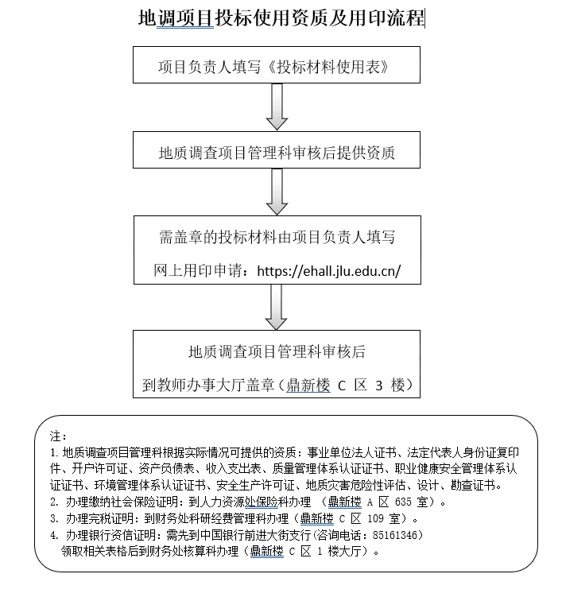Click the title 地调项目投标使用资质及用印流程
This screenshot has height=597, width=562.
281,18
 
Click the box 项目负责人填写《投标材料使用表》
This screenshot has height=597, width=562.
277,64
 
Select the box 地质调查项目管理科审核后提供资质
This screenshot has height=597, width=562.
277,149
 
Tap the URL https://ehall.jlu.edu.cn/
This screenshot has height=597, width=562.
329,271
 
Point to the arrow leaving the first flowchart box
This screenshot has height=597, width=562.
277,107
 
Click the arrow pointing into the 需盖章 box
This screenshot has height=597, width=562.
277,192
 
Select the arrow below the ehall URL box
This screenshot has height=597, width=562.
276,307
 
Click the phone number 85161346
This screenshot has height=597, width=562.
395,535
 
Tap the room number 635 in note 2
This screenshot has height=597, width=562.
403,502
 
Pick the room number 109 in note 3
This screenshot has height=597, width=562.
375,518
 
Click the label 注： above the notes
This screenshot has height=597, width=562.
58,436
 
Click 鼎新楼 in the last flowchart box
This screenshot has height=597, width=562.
308,385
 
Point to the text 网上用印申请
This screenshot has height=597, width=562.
198,271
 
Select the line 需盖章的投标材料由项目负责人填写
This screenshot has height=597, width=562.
277,237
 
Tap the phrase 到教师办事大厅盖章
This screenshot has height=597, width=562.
208,385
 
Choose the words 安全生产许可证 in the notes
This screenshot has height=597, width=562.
255,485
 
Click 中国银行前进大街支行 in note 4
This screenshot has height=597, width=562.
255,535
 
